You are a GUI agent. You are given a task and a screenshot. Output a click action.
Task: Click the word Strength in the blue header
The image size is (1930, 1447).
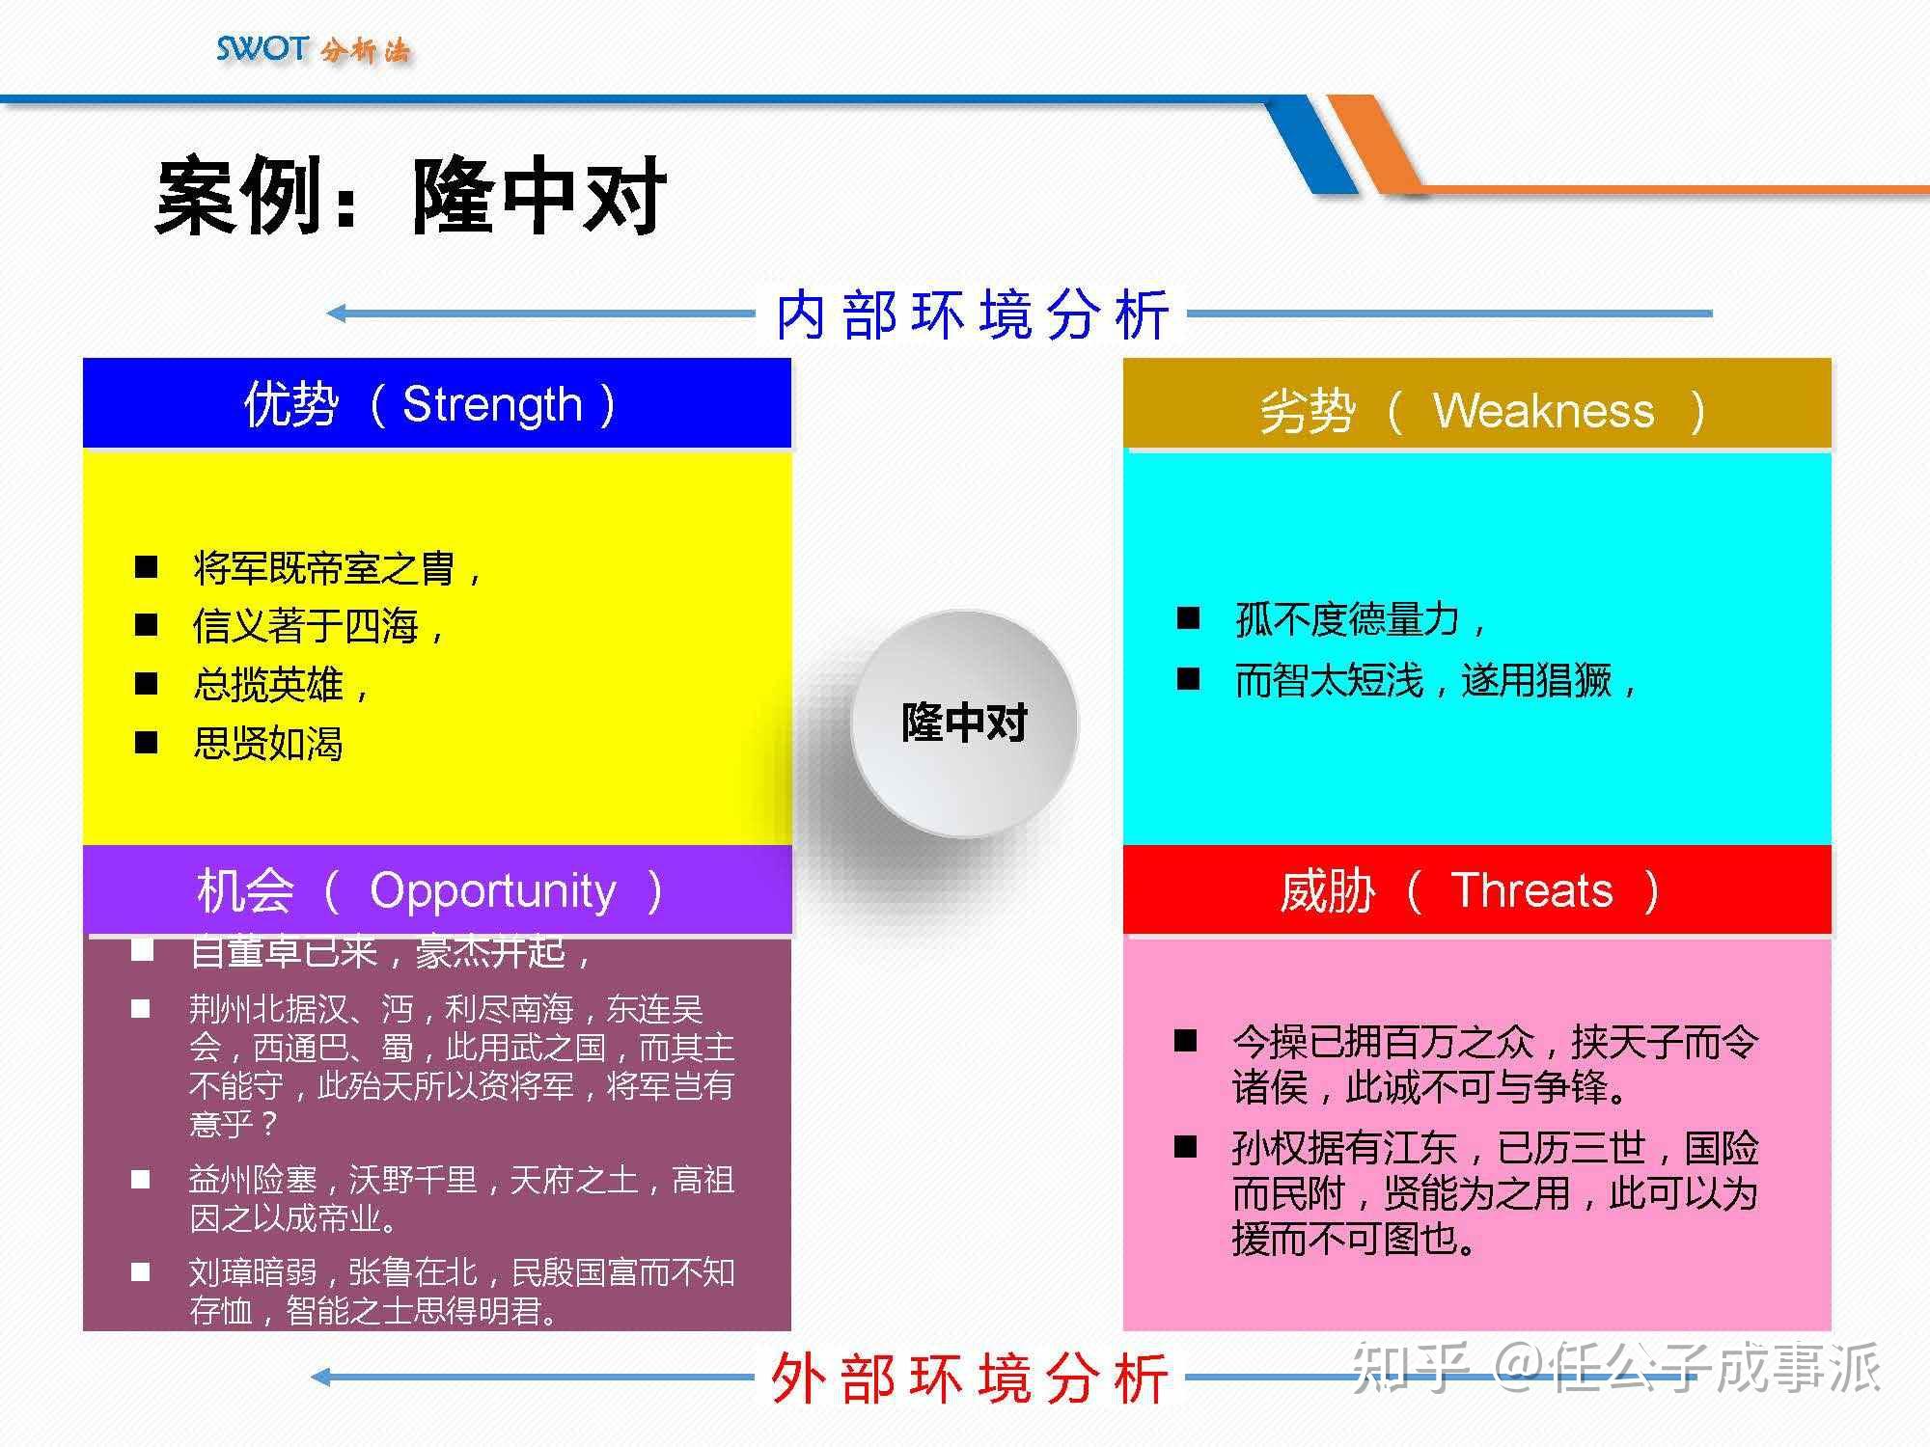(492, 404)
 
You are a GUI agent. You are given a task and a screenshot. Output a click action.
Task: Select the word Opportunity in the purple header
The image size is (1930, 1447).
(492, 890)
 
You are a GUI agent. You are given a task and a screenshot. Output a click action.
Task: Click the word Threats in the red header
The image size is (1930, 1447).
(1531, 890)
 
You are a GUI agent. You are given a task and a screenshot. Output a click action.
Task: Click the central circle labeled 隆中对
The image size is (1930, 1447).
(964, 723)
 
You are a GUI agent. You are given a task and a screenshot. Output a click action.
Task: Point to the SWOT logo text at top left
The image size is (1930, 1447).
(262, 48)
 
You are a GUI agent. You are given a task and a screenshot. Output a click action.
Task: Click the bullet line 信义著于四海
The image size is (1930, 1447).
(306, 626)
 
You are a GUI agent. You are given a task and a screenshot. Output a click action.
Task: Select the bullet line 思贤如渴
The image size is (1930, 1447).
(268, 744)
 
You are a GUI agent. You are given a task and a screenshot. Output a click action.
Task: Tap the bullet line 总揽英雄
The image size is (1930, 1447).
(268, 685)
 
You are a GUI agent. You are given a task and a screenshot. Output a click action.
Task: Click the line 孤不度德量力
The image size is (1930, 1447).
(1348, 619)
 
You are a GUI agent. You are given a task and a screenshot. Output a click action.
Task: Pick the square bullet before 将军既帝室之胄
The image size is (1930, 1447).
(146, 566)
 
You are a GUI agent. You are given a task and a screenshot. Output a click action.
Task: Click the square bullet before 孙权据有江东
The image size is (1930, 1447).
(1186, 1147)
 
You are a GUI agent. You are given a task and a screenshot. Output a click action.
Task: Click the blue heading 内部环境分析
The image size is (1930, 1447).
(972, 314)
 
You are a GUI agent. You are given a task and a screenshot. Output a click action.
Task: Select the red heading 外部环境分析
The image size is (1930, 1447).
(970, 1378)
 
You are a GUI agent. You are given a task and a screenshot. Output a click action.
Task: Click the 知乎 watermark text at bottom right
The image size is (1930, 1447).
(1409, 1368)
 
